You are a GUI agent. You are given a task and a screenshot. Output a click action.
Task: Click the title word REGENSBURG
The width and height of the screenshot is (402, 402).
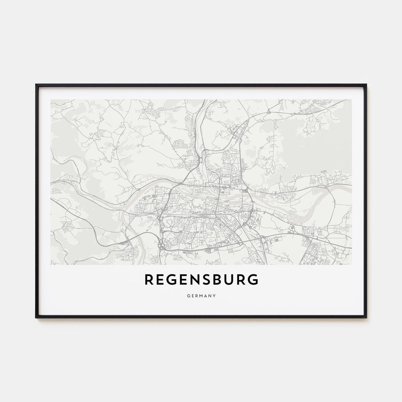201,280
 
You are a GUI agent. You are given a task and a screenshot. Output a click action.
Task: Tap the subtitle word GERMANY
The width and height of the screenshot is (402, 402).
201,295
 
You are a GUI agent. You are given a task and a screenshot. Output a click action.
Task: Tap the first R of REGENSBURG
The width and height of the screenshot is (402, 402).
149,280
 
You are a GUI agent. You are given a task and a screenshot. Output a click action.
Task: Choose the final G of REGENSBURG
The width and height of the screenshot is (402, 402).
253,280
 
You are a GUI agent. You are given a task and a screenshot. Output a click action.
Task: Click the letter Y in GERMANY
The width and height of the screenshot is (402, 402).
215,295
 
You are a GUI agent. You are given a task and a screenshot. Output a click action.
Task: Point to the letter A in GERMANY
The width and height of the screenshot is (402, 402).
205,295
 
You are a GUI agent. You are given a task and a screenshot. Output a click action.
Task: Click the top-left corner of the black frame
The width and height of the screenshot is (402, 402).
36,85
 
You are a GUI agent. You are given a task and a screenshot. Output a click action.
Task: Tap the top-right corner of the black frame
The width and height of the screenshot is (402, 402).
366,85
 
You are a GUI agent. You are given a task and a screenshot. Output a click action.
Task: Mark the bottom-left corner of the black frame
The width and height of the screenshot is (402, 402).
36,317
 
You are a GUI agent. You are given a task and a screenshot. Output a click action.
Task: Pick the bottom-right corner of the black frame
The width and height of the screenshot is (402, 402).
366,317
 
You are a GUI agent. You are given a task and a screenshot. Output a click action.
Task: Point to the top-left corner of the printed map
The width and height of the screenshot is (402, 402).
50,100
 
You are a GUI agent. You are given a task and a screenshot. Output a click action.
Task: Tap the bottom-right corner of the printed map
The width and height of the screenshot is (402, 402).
352,264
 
